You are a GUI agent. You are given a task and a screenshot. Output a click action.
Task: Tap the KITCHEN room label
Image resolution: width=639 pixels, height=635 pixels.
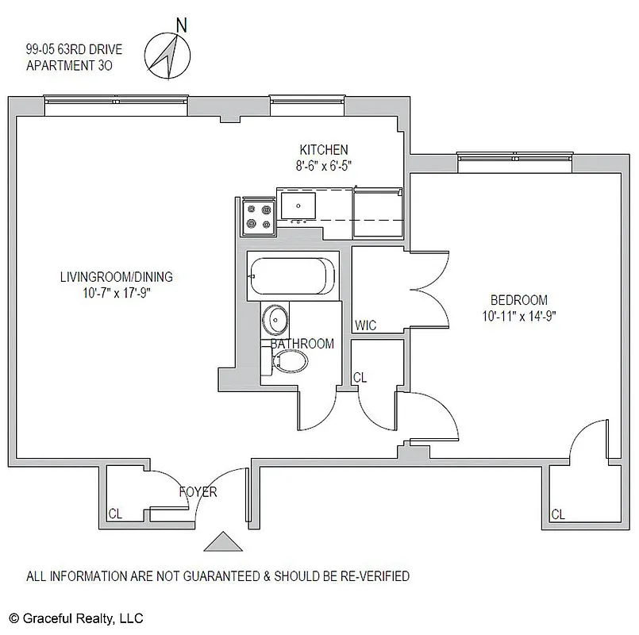coord(323,150)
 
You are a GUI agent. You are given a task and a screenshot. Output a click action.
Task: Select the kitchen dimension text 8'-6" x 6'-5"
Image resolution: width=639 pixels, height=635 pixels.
coord(323,166)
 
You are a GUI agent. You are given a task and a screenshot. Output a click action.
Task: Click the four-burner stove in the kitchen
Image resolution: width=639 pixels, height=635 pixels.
coord(258,215)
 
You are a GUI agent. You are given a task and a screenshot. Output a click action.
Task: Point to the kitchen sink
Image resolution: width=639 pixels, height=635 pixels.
coord(297,205)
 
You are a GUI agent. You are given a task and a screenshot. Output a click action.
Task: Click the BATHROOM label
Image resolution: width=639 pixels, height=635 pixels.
coord(302,344)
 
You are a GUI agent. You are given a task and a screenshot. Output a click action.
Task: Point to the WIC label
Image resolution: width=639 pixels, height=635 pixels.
coord(365,325)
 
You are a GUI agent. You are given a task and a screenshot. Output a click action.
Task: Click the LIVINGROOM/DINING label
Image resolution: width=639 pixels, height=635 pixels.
coord(116,277)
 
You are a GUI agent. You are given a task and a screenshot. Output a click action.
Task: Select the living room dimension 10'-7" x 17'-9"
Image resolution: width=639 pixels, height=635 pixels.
coord(116,292)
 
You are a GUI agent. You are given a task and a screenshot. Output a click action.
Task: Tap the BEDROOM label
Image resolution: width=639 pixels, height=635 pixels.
coord(518,300)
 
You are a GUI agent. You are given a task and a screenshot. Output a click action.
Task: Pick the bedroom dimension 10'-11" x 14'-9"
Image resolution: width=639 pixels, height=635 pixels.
coord(518,316)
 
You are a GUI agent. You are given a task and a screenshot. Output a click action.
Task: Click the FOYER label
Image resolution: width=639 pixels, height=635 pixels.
coord(198,492)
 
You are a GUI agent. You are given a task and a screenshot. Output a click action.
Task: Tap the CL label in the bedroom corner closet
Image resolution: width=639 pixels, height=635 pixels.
coord(557,514)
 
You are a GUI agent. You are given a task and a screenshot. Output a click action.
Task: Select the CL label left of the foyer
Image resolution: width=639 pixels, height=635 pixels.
coord(116,513)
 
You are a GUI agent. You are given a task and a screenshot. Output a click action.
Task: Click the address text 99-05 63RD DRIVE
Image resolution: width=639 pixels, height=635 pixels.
coord(73,50)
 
